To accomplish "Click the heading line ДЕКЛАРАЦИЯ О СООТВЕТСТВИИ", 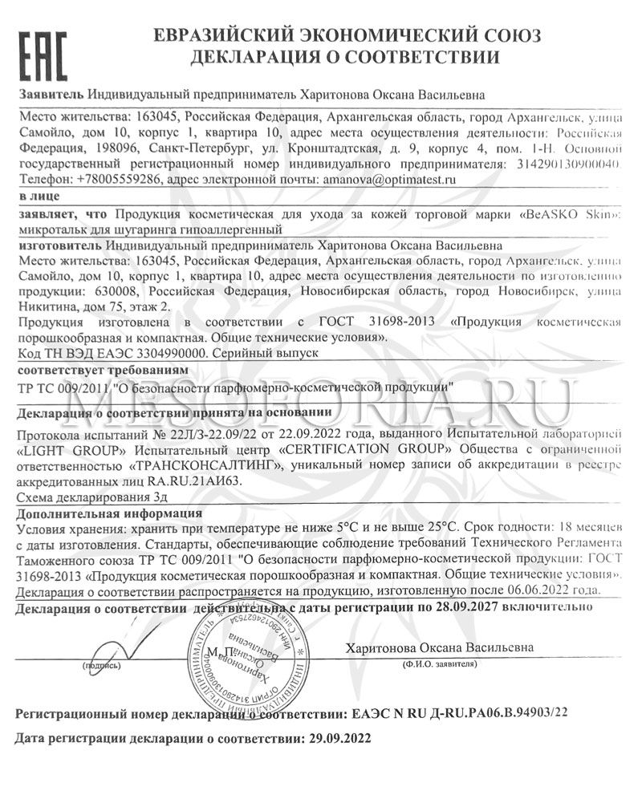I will tap(345, 56).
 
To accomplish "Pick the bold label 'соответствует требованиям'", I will tap(104, 370).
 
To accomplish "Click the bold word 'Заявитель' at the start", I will tap(50, 94).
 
